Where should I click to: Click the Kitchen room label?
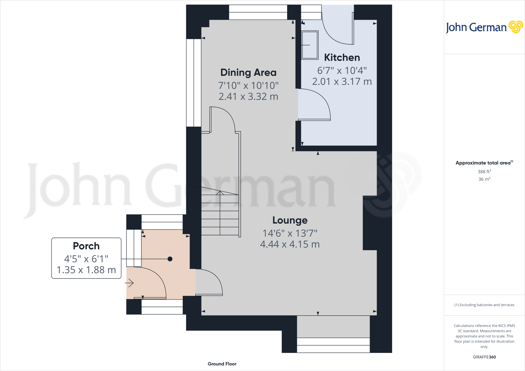(x=342, y=57)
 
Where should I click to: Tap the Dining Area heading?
(x=248, y=73)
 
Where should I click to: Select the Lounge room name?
(x=290, y=220)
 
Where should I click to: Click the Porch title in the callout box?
(x=86, y=246)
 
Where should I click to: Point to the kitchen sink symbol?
(x=310, y=45)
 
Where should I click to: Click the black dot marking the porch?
(x=170, y=259)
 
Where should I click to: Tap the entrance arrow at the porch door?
(x=130, y=283)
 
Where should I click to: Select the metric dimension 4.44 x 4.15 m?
(x=290, y=244)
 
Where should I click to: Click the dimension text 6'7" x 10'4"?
(x=342, y=70)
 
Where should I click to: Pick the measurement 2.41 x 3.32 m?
(x=248, y=97)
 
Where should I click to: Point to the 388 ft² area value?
(x=484, y=172)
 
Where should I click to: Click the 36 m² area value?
(x=484, y=179)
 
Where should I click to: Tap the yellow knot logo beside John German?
(x=516, y=27)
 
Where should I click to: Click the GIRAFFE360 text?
(x=484, y=357)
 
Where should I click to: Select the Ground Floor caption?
(x=222, y=364)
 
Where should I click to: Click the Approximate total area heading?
(x=483, y=163)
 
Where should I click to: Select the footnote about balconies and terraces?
(x=484, y=305)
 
